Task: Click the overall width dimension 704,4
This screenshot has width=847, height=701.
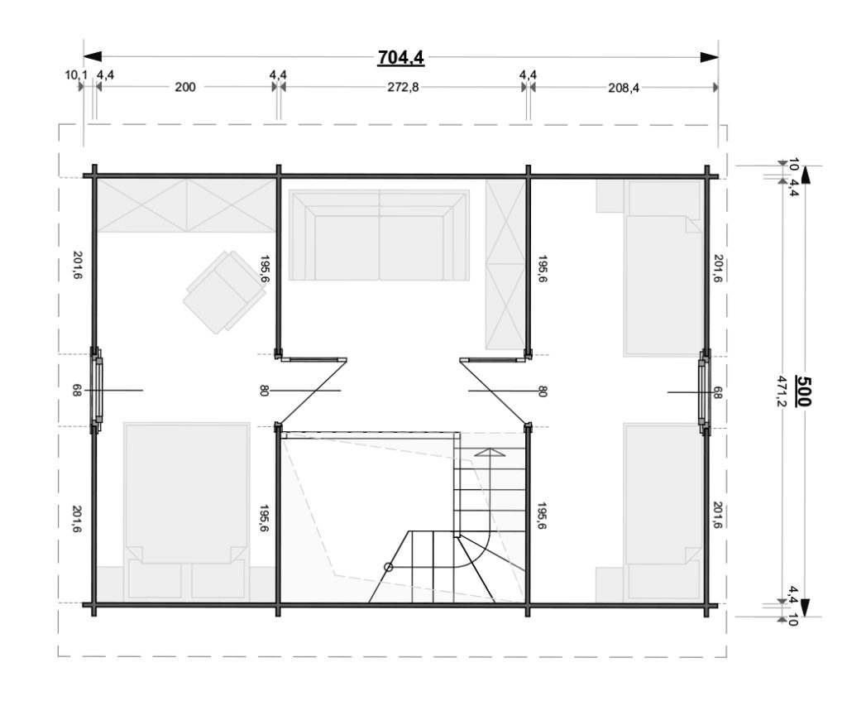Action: pyautogui.click(x=401, y=57)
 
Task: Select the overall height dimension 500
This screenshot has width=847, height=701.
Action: pyautogui.click(x=803, y=391)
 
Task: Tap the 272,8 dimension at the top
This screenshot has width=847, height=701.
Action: pyautogui.click(x=403, y=87)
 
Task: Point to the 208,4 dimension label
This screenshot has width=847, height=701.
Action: pyautogui.click(x=624, y=88)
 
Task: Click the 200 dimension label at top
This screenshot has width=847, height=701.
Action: pyautogui.click(x=185, y=87)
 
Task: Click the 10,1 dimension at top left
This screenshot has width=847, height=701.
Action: pyautogui.click(x=75, y=74)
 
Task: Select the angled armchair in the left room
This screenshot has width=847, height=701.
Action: pyautogui.click(x=224, y=292)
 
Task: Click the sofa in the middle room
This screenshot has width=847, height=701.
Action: pyautogui.click(x=379, y=235)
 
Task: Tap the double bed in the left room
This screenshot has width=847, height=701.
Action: pyautogui.click(x=187, y=511)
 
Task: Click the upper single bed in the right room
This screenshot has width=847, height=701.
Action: pyautogui.click(x=663, y=268)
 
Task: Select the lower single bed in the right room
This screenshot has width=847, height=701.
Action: pyautogui.click(x=663, y=512)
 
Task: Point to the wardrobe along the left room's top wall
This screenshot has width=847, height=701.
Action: pyautogui.click(x=186, y=206)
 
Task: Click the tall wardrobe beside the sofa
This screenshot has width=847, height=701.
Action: pyautogui.click(x=505, y=264)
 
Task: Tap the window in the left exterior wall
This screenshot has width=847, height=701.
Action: pyautogui.click(x=98, y=390)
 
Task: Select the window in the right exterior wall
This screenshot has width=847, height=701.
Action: pyautogui.click(x=705, y=391)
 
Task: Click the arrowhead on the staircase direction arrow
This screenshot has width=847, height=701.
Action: pyautogui.click(x=490, y=453)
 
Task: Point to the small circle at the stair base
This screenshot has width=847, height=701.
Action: pyautogui.click(x=388, y=567)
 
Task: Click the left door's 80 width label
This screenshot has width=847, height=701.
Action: pyautogui.click(x=264, y=390)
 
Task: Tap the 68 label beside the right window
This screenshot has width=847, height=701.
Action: pyautogui.click(x=717, y=392)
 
